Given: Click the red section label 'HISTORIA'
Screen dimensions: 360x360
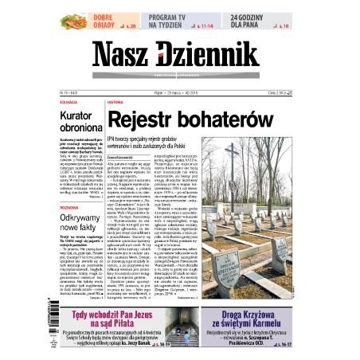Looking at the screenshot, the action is tap(115, 103).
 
